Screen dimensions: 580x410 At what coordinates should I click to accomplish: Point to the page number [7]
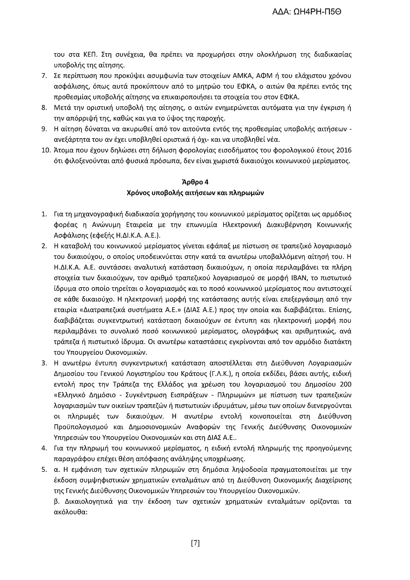click(x=195, y=542)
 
